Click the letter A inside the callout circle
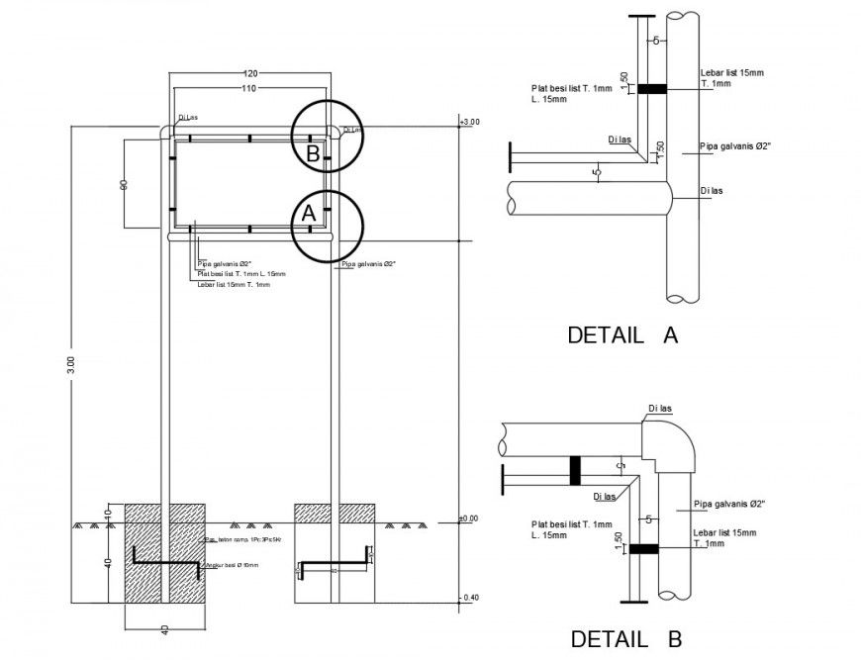(308, 213)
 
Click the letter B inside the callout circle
(312, 153)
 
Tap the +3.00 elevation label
(469, 122)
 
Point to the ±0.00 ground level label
(468, 518)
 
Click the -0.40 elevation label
(469, 597)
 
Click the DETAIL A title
(622, 334)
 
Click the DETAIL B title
(625, 639)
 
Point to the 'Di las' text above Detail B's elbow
(661, 408)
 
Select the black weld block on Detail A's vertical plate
(650, 89)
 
